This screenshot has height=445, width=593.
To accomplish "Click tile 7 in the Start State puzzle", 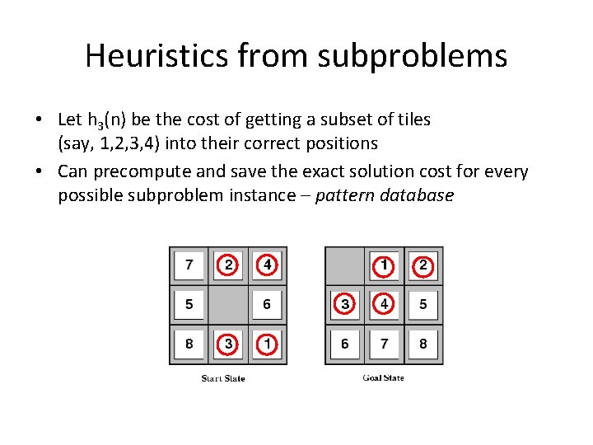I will click(189, 265).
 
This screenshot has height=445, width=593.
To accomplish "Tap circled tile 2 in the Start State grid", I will click(228, 265).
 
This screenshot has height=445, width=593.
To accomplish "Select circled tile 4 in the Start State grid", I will click(267, 265).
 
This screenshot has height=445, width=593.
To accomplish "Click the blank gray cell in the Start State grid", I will click(228, 305).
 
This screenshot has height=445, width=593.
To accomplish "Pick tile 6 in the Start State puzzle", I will click(267, 305).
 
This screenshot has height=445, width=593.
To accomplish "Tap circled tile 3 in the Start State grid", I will click(228, 344).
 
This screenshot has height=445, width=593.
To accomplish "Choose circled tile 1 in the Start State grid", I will click(267, 344).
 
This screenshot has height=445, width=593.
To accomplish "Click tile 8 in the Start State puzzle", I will click(189, 344).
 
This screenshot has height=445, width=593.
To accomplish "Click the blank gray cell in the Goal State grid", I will click(344, 265).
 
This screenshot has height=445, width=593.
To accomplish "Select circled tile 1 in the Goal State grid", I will click(384, 265).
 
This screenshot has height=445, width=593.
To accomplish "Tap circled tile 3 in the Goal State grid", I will click(345, 305).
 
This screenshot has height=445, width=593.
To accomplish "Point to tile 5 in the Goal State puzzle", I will click(423, 305).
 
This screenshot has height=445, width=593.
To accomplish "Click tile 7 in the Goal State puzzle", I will click(384, 344).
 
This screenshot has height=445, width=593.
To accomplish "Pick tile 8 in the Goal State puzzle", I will click(423, 344).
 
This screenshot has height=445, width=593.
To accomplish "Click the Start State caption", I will click(223, 378).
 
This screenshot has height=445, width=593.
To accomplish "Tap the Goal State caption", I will click(384, 377).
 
